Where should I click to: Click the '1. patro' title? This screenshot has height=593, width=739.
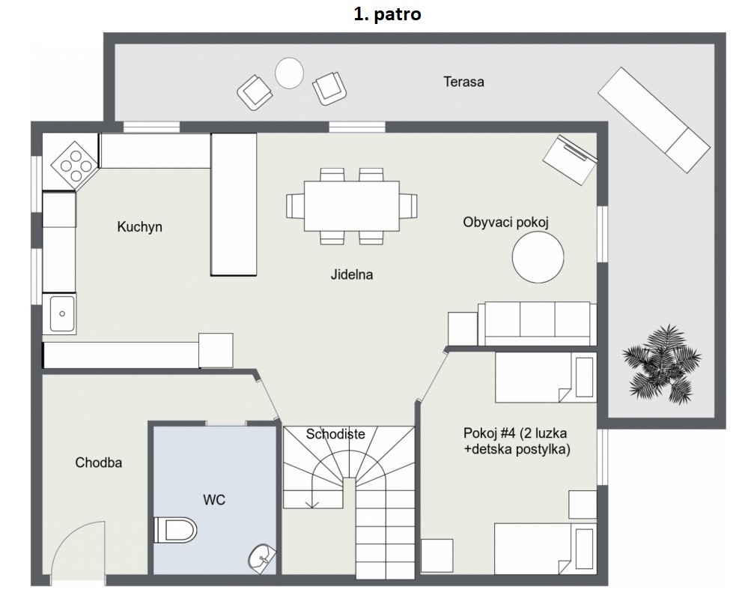[387, 14]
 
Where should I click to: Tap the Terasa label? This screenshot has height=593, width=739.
[463, 82]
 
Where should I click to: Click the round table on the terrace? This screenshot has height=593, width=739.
[289, 73]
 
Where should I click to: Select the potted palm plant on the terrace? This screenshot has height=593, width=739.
[662, 364]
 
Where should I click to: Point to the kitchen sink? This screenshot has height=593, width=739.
[61, 313]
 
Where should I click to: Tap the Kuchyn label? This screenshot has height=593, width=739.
[139, 227]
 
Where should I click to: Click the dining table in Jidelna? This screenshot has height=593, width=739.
[352, 206]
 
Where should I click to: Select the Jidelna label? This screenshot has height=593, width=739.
[352, 274]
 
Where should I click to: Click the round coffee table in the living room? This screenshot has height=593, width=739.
[538, 257]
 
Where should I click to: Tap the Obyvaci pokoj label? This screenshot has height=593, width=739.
[505, 222]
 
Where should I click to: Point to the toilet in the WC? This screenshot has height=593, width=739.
[175, 530]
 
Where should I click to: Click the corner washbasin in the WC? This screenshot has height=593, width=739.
[262, 559]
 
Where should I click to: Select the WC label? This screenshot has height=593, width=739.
[214, 499]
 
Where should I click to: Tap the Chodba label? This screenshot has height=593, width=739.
[99, 463]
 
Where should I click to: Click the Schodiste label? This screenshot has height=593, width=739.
[335, 434]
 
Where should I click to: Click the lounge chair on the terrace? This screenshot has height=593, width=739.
[654, 120]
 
